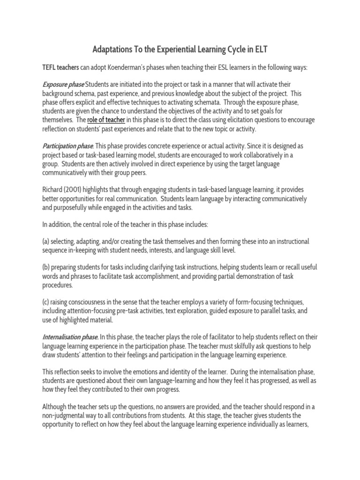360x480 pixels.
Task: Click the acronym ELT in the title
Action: [259, 49]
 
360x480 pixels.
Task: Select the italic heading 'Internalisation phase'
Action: [70, 337]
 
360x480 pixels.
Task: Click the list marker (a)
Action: [46, 241]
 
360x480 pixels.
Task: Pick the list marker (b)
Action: [46, 267]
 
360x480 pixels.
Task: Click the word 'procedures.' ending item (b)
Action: [58, 285]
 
